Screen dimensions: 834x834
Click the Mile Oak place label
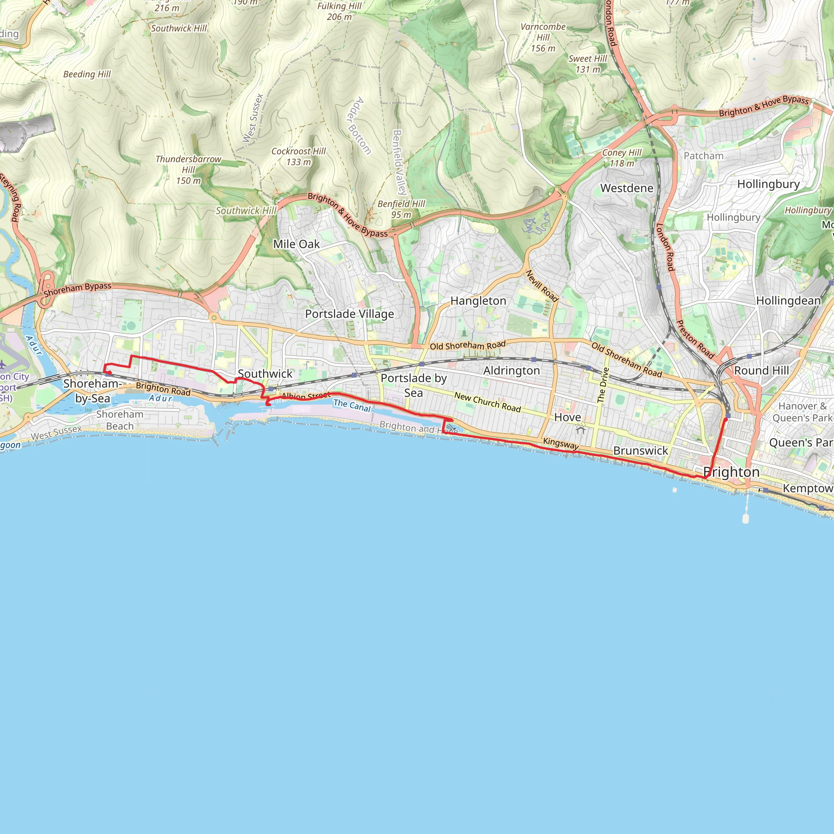pos(296,244)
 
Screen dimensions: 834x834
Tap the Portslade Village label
pos(349,314)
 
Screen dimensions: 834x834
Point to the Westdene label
pos(626,188)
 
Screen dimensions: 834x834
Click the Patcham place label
pos(703,156)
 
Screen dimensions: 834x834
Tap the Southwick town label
pos(265,374)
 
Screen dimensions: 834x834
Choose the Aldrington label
pos(511,371)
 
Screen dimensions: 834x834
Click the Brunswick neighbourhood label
pos(640,451)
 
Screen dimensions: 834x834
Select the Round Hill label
pos(761,371)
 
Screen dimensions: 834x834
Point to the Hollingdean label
pos(788,301)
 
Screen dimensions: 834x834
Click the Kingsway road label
pos(560,443)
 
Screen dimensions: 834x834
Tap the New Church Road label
pos(487,402)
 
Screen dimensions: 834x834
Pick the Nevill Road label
pos(542,286)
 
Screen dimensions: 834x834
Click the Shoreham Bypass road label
pos(77,290)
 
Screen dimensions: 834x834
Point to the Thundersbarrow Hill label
pos(188,170)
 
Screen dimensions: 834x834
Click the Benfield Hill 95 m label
pos(401,209)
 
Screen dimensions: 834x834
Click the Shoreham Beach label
pos(120,420)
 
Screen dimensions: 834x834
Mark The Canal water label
pos(352,405)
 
